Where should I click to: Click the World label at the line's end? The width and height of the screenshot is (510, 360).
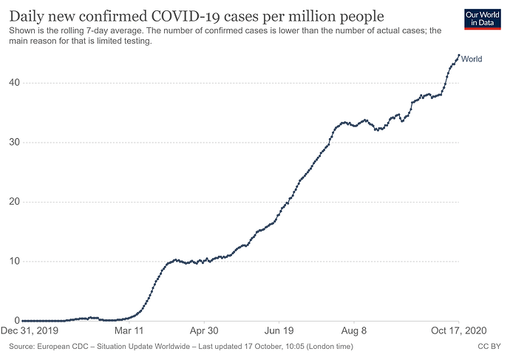tap(472, 59)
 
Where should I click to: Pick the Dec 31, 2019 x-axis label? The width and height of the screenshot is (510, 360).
tap(30, 332)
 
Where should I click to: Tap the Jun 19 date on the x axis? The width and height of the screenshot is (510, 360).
tap(283, 332)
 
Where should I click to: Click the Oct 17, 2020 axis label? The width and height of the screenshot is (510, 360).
tap(458, 332)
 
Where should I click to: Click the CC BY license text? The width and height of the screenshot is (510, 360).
tap(489, 346)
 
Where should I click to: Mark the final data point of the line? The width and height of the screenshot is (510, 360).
tap(459, 55)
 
